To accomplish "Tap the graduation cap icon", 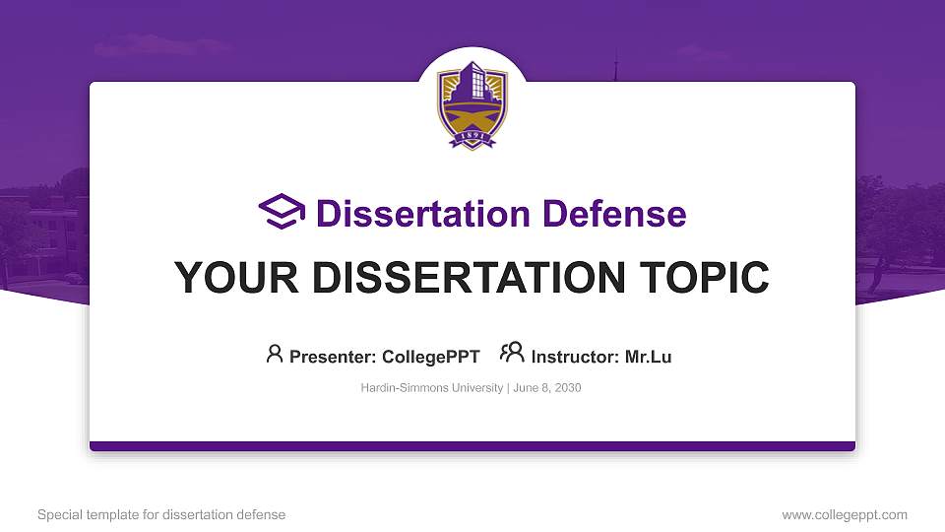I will point(283,212).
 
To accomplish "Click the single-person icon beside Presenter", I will point(275,354).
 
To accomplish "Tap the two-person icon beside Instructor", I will point(512,354).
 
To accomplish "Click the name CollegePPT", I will point(430,357).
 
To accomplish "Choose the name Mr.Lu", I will point(649,357).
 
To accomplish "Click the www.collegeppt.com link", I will point(844,514).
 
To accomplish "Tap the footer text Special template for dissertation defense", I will point(161,514).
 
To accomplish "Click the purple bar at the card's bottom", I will point(472,446).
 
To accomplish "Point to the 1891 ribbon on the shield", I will point(472,139).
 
